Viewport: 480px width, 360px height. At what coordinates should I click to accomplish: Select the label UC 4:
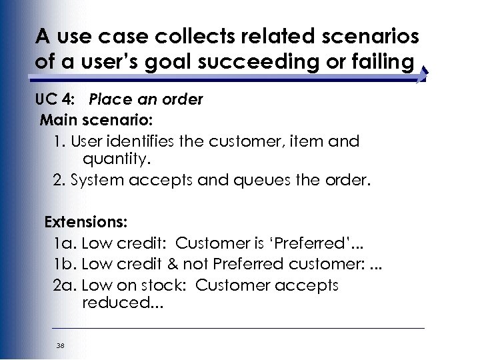click(x=55, y=99)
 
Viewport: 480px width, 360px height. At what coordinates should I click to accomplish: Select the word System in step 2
click(x=96, y=181)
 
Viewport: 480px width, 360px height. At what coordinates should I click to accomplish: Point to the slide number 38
click(x=61, y=345)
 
